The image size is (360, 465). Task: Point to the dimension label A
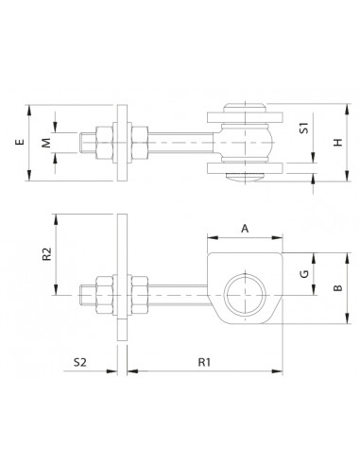pos(245,228)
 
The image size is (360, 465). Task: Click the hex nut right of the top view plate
pos(134,144)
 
